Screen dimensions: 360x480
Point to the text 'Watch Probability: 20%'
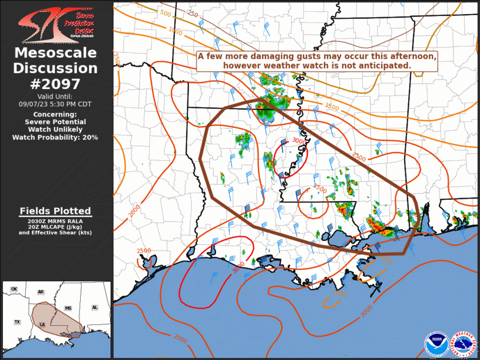tap(55, 137)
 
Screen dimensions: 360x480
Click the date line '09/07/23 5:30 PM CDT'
tap(55, 104)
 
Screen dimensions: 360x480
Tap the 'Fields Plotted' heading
tap(55, 210)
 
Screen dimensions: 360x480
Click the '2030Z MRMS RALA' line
tap(55, 220)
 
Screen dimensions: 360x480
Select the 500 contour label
tap(165, 14)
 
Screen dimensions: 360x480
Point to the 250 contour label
tap(192, 13)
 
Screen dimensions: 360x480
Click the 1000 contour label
tap(175, 30)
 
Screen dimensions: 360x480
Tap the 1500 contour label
tap(332, 107)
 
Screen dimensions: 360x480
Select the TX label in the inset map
tap(17, 322)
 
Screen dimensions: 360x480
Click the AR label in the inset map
tap(41, 292)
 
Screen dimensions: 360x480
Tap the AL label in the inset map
tap(94, 308)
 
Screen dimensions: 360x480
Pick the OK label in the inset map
tap(14, 289)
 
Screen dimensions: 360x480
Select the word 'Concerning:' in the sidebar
tap(55, 114)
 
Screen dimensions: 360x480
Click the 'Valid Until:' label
tap(55, 96)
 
